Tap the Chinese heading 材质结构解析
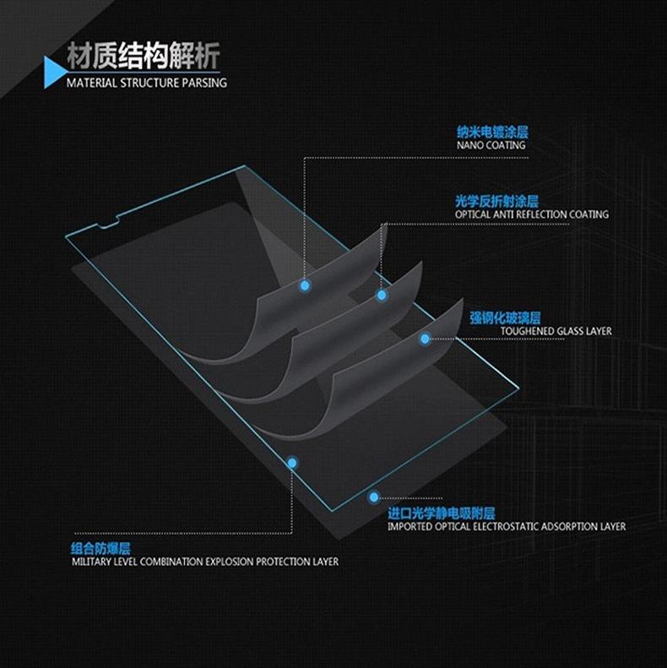144,57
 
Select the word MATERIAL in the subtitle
91,84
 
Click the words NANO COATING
491,145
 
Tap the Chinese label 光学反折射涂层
496,201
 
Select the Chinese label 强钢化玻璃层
501,318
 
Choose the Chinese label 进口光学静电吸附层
441,513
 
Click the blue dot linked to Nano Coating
305,286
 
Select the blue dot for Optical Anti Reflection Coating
382,295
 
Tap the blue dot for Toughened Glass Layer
425,339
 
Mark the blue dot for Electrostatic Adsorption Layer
374,498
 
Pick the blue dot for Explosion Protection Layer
292,463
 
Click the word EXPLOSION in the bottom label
230,562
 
